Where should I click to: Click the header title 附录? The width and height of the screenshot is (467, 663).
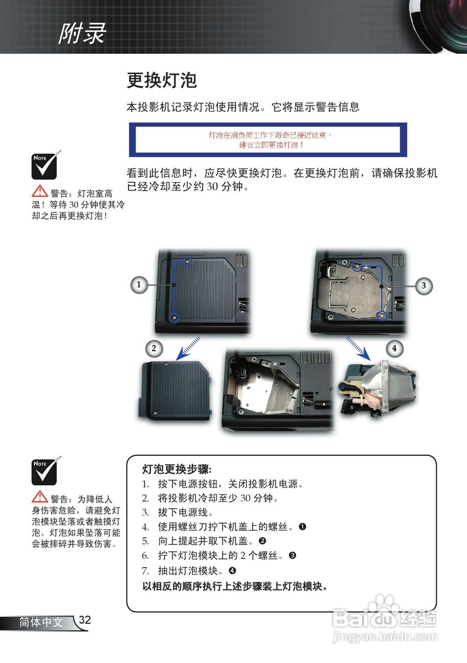click(x=82, y=33)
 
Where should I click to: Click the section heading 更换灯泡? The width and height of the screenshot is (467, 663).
click(x=162, y=80)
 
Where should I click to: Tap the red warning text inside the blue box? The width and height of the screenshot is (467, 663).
click(x=270, y=140)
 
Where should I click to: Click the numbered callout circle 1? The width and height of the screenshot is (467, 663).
click(x=139, y=285)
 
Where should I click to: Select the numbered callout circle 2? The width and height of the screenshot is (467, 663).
click(x=154, y=349)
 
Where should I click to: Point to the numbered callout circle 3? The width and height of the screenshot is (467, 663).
click(x=424, y=285)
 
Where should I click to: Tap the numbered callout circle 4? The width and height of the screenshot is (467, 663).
click(x=395, y=349)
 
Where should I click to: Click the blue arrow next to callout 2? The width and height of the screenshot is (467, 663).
click(x=188, y=349)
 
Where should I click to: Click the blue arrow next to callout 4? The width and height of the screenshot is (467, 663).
click(x=358, y=349)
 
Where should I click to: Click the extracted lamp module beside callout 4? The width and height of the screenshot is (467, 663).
click(x=378, y=388)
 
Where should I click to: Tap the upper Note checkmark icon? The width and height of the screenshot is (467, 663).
click(x=45, y=166)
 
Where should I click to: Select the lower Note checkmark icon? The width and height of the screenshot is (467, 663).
click(x=45, y=471)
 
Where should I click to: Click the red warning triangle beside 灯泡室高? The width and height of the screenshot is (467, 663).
click(x=40, y=191)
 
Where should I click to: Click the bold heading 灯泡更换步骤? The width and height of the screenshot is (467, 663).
click(x=177, y=469)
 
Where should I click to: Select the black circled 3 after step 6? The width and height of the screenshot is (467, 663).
click(x=293, y=556)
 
